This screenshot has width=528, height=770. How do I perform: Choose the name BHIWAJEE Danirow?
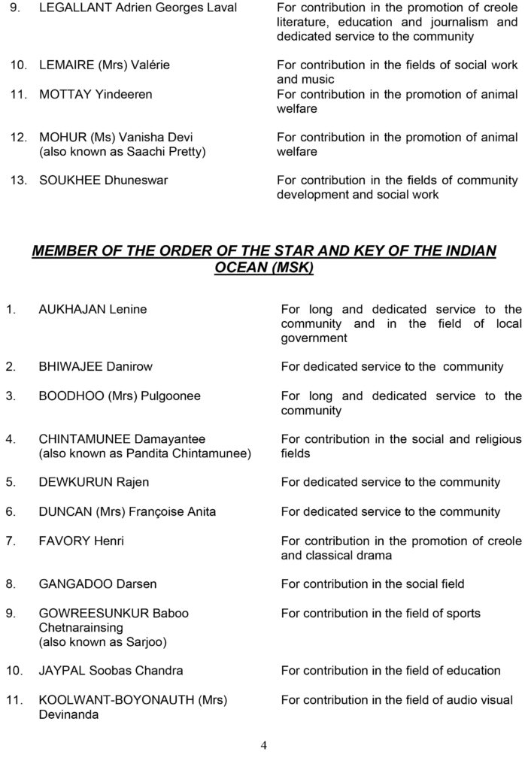pos(96,367)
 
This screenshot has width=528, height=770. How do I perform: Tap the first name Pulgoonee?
pos(171,396)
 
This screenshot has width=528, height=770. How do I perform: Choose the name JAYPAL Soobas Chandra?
pos(111,671)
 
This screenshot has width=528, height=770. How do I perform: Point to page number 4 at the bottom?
pos(264,746)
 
